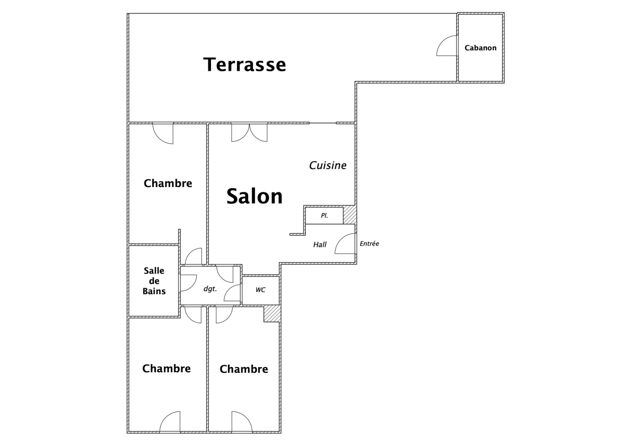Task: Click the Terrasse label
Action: (x=245, y=65)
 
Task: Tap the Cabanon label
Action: (x=481, y=48)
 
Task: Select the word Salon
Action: (x=254, y=196)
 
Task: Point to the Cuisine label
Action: (x=328, y=165)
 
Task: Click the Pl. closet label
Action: (x=325, y=216)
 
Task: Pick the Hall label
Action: (x=320, y=244)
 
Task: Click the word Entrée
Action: (x=369, y=243)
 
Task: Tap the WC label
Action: (x=260, y=290)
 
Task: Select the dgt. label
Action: (x=210, y=289)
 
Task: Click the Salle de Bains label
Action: (x=154, y=281)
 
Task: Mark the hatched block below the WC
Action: (x=272, y=313)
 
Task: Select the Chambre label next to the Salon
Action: (x=168, y=183)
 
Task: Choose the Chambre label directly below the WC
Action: (x=244, y=369)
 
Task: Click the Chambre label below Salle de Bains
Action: (x=166, y=369)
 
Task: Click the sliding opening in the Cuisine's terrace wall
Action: (x=323, y=123)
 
